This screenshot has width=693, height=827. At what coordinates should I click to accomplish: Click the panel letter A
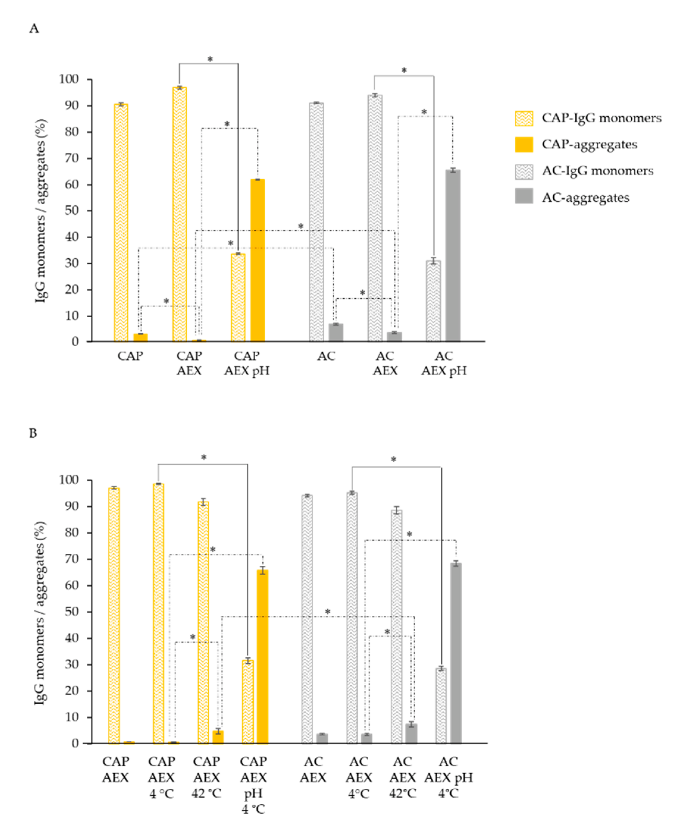pos(34,28)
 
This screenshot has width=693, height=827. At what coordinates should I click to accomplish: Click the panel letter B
pos(33,433)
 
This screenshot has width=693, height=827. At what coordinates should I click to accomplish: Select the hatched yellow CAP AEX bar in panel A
pos(179,215)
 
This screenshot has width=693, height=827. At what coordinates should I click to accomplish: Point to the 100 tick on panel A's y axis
pos(69,79)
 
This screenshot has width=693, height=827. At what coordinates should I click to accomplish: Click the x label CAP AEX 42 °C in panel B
pos(206,777)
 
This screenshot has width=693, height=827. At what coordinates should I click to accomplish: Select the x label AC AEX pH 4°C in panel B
pos(448,777)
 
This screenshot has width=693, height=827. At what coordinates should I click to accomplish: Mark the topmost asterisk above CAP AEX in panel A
pos(210,60)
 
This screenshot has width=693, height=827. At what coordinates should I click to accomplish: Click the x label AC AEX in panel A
pos(385,363)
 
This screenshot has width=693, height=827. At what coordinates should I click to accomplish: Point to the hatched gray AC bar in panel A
pos(316,222)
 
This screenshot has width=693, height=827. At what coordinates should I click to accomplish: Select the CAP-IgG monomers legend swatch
pos(524,118)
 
